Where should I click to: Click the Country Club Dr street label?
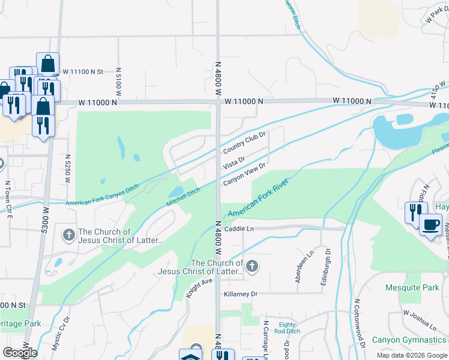coord(244,142)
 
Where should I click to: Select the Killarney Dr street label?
coord(241,294)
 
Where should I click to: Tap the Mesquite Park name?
coord(412,287)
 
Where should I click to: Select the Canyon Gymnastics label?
coord(410,340)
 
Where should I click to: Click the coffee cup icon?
coord(430,226)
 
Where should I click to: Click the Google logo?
coord(20,352)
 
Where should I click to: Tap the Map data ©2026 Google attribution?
coord(411,355)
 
